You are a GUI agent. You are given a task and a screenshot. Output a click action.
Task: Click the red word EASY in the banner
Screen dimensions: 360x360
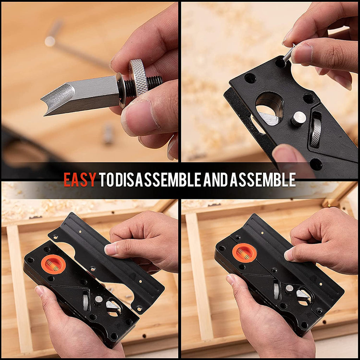tap(79, 180)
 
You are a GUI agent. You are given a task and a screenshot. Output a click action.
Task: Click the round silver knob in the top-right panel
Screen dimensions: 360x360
tap(298, 118)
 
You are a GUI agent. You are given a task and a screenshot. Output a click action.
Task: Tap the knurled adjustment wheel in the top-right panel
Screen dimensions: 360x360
tap(316, 132)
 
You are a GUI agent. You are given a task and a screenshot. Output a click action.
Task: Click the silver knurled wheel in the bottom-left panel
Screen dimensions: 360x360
tap(85, 301)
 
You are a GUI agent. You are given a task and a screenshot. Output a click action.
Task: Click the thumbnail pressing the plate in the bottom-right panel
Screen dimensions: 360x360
tap(289, 254)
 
